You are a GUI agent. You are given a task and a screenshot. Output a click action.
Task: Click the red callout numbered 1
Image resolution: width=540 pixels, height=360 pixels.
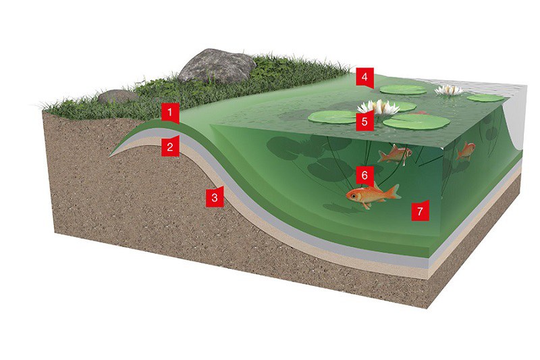tap(170, 113)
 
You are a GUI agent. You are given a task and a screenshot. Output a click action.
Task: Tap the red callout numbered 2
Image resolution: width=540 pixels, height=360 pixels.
tap(170, 147)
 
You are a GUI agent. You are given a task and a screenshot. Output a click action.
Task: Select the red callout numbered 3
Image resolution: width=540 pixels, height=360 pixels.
tap(215, 197)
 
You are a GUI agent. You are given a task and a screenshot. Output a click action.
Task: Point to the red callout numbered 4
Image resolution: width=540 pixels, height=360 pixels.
tap(364, 78)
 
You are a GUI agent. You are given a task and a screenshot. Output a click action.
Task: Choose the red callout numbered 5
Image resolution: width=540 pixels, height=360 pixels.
tap(364, 121)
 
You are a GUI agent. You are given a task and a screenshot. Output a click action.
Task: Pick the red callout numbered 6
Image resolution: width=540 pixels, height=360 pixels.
tap(364, 176)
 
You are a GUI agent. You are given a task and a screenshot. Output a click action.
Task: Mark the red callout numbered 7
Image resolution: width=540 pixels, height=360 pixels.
tap(420, 210)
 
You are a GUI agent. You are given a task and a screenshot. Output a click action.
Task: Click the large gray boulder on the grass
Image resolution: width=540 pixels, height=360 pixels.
tap(217, 66)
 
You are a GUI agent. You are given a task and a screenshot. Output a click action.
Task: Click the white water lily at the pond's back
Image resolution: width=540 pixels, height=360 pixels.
tap(449, 90)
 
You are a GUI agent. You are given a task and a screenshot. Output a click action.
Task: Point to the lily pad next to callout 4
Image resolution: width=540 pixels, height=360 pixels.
tap(403, 90)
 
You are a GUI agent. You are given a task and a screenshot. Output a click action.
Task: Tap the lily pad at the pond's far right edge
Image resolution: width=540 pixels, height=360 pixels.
tap(485, 98)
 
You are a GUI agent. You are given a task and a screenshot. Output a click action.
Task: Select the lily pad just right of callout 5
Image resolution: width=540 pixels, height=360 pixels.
tap(416, 122)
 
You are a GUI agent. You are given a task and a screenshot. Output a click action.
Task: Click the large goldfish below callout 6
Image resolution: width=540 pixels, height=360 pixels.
tap(373, 195)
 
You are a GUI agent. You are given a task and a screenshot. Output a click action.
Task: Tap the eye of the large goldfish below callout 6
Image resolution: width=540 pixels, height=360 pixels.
tap(354, 196)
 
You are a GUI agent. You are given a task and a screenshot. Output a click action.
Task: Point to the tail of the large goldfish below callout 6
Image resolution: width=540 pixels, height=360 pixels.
tap(395, 192)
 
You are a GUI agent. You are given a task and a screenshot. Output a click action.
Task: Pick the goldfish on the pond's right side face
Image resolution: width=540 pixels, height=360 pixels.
tap(466, 151)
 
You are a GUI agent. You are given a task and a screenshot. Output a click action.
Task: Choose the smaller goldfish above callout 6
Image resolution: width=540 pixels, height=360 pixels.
tap(395, 154)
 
